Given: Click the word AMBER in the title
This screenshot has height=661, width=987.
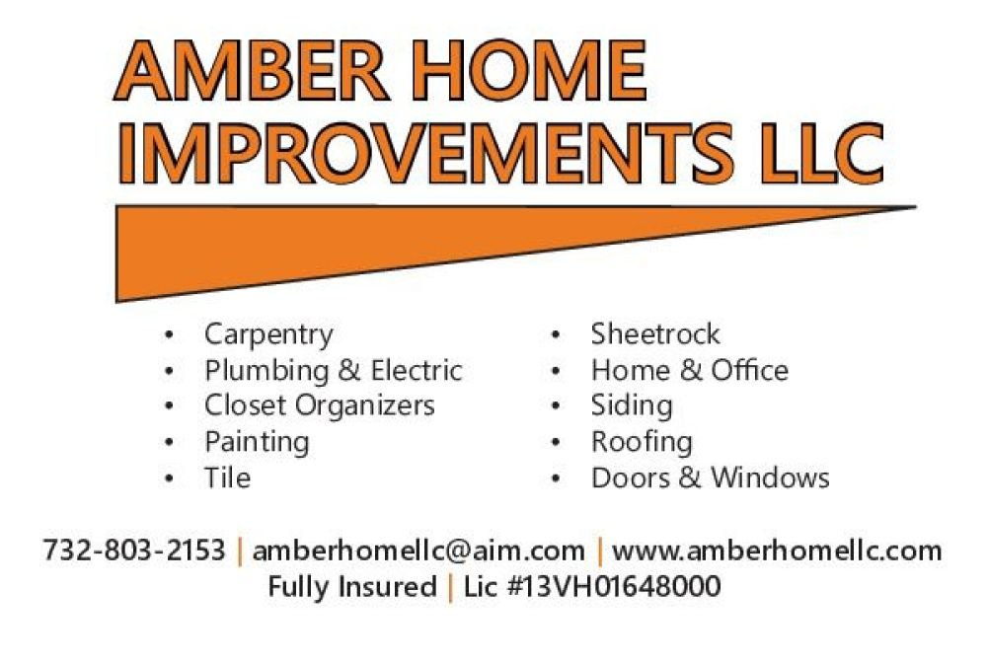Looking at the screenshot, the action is coord(251,70).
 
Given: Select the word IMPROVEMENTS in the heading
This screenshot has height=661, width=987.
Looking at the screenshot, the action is coord(426,154).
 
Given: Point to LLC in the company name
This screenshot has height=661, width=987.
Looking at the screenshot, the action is coord(822,154).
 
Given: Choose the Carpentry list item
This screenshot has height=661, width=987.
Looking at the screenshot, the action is coord(268,334).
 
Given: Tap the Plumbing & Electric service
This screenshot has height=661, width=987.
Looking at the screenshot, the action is coord(334,370).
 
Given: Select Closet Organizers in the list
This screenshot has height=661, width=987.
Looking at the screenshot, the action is coord(320,405).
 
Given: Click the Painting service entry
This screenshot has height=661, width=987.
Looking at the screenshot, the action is coord(257,442).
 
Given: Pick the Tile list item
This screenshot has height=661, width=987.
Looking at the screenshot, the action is coord(227,477).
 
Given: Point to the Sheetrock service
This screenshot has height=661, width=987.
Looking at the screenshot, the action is coord(655,334).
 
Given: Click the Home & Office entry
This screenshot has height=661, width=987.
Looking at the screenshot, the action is coord(689,370).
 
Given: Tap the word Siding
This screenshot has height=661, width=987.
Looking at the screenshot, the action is coord(632,406).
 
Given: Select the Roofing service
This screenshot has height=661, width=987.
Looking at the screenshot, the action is coord(642,442).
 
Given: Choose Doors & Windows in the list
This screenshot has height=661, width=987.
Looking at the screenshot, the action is coord(710,477).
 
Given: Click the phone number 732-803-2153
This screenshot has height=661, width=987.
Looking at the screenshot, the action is coord(134,551).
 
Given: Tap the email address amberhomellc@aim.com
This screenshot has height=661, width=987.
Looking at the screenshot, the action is coord(418,551).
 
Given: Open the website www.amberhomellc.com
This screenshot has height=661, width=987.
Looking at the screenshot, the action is coord(777,551).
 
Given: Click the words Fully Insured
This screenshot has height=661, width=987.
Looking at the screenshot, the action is coord(352,587).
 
